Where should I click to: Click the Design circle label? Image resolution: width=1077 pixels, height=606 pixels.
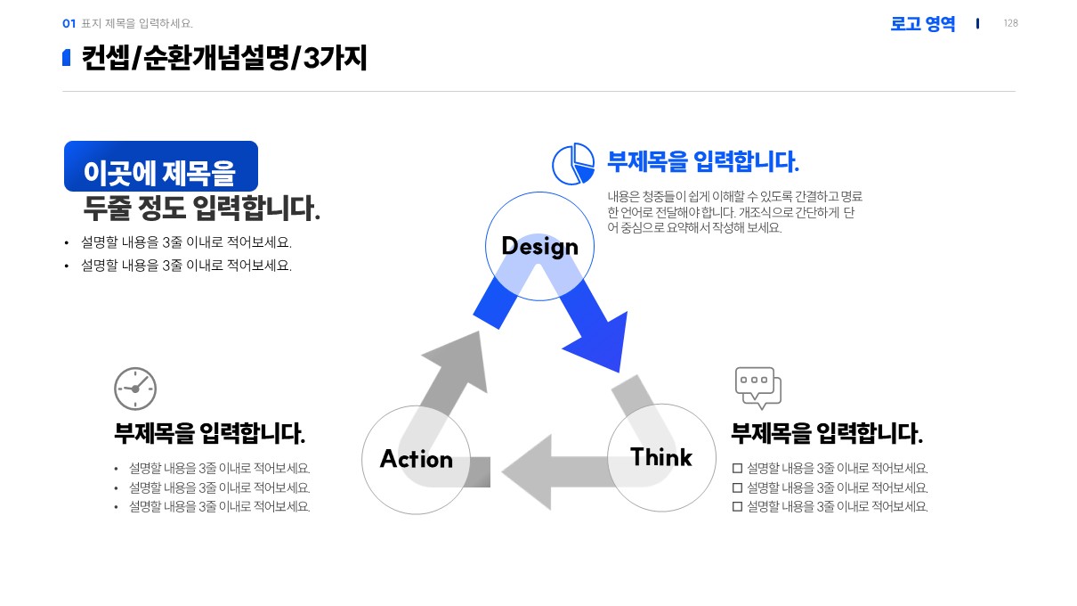pos(539,247)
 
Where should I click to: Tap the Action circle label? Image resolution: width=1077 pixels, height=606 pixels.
pos(416,459)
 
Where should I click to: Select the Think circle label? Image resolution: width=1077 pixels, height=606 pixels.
pos(660,457)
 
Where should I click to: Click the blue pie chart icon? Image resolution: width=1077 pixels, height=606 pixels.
pos(573,164)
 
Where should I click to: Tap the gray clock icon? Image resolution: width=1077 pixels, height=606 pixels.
pos(135,389)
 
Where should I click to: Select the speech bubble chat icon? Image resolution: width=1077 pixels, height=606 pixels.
pos(757,388)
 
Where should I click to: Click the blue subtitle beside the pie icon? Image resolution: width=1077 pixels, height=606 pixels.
pos(702,162)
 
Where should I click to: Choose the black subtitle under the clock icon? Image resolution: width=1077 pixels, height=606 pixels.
pos(209,434)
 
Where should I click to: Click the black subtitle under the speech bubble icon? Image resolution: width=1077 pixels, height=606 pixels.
pos(826,434)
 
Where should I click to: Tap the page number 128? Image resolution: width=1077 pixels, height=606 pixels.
pos(1010,23)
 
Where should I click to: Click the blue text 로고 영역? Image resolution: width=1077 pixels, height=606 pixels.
pos(922,24)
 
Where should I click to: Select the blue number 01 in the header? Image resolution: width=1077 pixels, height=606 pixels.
pos(69,24)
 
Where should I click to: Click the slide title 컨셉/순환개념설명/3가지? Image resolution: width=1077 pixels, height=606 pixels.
pos(224,58)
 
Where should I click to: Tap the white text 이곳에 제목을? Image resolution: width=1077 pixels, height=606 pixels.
pos(160,172)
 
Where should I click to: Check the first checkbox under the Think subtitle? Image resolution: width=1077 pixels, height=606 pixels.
pos(737,469)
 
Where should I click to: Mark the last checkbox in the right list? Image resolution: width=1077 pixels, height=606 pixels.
pos(737,507)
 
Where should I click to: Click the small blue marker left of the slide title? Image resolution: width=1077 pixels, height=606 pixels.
pos(67,58)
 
